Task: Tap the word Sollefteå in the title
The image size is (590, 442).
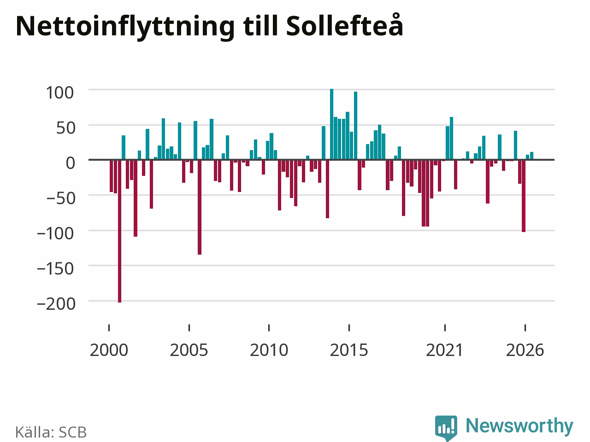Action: point(345,25)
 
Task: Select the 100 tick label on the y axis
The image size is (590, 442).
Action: point(59,93)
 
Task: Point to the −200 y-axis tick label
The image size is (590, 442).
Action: point(56,304)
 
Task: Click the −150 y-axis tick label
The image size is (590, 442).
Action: point(55,268)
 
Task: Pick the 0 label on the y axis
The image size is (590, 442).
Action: point(71,163)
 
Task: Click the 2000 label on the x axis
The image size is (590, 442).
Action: point(109,350)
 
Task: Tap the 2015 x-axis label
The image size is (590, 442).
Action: point(349,350)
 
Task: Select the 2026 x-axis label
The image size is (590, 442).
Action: point(525,350)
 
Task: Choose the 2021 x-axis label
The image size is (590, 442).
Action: point(445,350)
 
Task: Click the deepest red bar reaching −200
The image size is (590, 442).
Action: point(119,231)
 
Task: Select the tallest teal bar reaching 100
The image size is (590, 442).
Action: point(332,124)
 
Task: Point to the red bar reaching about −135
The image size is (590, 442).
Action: point(200,207)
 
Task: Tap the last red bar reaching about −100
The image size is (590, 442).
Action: point(524,196)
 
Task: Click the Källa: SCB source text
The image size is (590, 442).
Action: point(51,432)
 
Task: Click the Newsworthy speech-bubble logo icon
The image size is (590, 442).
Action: point(446,428)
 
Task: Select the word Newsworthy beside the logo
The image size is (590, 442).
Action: point(519,425)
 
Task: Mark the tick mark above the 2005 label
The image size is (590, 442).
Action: point(189,328)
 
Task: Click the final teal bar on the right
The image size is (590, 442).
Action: point(531,156)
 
